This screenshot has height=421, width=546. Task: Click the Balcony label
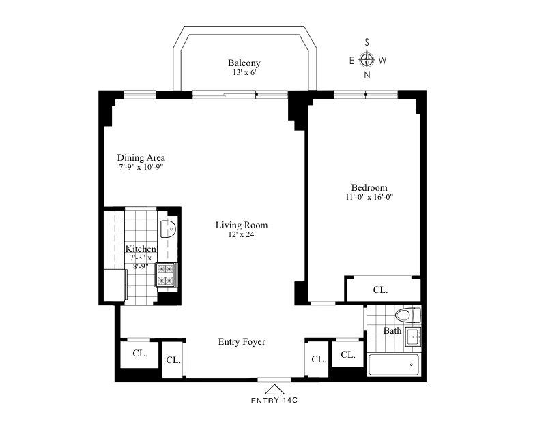tap(244, 63)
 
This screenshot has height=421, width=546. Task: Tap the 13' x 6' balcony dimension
tap(244, 72)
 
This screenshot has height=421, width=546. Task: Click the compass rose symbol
tap(367, 60)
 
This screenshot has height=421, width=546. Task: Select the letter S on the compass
tap(367, 42)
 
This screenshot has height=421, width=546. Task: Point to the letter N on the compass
tap(367, 75)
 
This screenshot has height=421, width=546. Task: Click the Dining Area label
tap(141, 157)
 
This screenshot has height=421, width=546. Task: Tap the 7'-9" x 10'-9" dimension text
tap(141, 167)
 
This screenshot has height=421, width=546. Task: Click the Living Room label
tap(242, 225)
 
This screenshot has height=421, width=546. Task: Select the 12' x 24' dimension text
tap(242, 234)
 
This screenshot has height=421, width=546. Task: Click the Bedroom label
tap(369, 188)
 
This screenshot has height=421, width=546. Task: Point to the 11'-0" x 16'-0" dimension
tap(369, 197)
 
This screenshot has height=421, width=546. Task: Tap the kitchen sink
tap(168, 229)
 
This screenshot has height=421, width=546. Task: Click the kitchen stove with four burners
tap(165, 275)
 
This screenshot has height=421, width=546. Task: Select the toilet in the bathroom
tap(407, 315)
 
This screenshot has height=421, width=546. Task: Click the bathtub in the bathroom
tap(394, 364)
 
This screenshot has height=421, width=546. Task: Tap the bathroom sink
tap(414, 337)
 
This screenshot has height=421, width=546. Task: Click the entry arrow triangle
tap(275, 389)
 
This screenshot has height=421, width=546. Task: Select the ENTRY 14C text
tap(274, 400)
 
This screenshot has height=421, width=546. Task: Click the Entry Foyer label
tap(242, 342)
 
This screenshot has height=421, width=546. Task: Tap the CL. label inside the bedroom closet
tap(380, 290)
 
